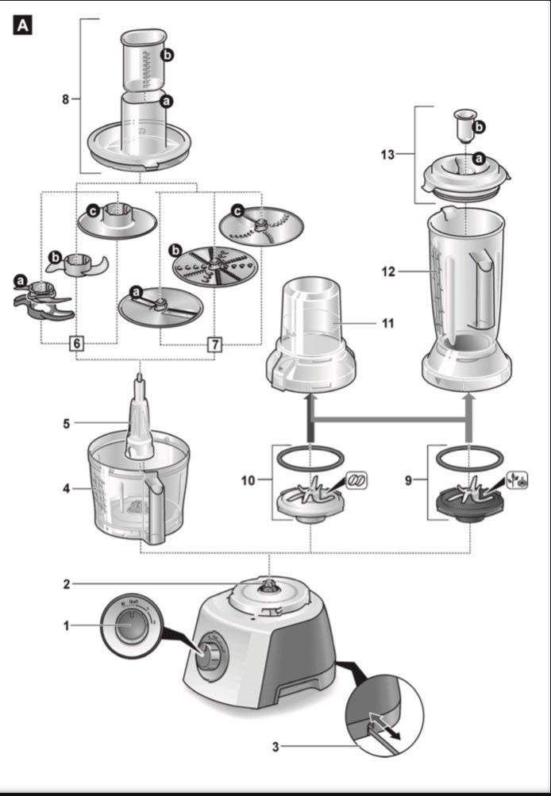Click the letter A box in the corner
click(23, 25)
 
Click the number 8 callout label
click(65, 99)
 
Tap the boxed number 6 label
click(76, 344)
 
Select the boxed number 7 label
click(214, 344)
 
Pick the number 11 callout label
click(387, 323)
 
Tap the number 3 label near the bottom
click(275, 746)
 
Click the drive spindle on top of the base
click(268, 586)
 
